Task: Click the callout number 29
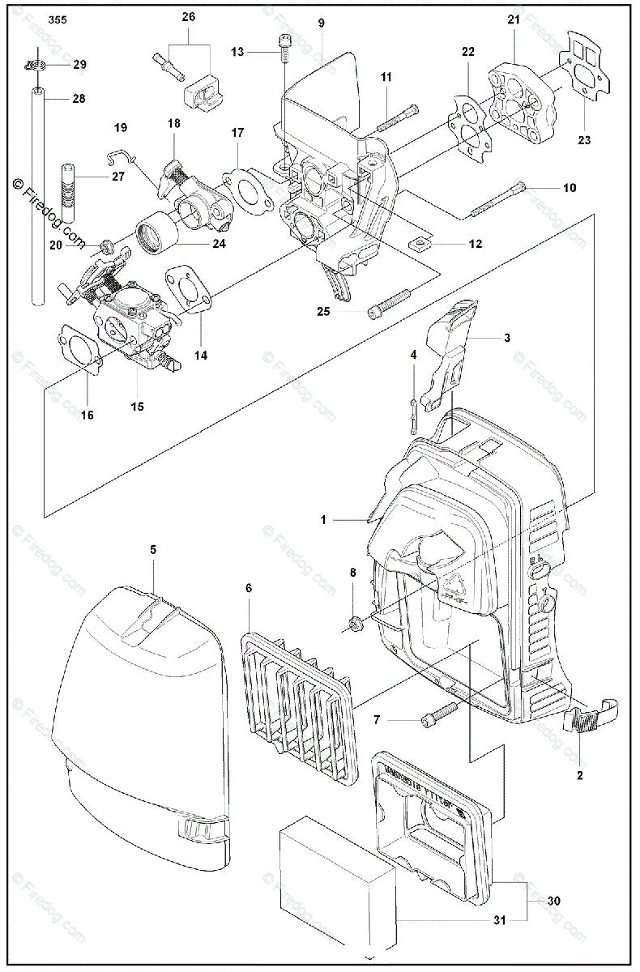tap(79, 63)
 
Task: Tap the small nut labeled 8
tap(354, 623)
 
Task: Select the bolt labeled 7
tap(438, 714)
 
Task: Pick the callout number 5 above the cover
tap(153, 549)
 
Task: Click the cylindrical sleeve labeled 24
tap(156, 230)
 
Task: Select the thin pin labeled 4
tap(414, 406)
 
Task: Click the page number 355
tap(58, 19)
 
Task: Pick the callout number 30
tap(553, 900)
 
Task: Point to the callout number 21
tap(514, 19)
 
